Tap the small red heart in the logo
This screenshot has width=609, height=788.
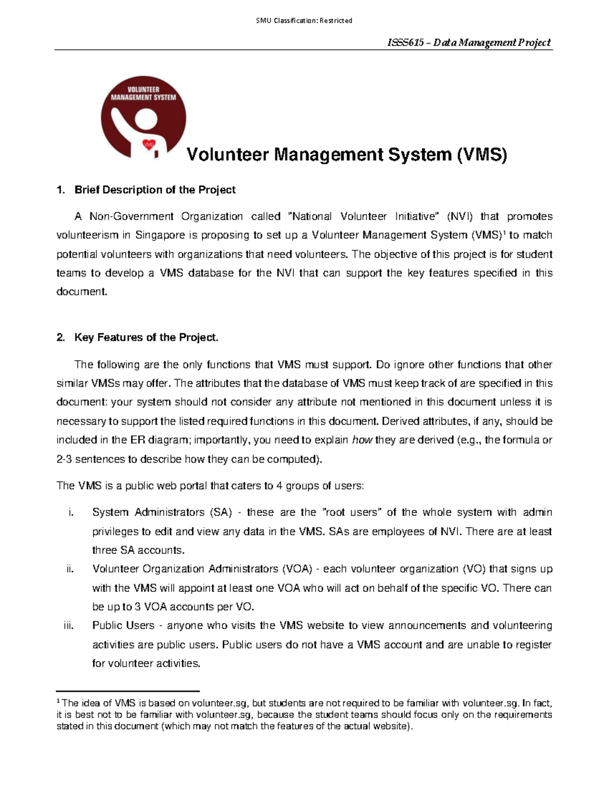pyautogui.click(x=149, y=145)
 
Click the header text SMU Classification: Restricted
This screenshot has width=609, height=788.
pyautogui.click(x=304, y=21)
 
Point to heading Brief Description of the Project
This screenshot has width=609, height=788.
pyautogui.click(x=155, y=190)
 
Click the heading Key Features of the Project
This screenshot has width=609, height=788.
pyautogui.click(x=146, y=337)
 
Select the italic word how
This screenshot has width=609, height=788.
pyautogui.click(x=362, y=440)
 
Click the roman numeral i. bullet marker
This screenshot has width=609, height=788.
pyautogui.click(x=71, y=512)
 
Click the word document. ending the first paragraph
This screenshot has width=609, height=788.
pyautogui.click(x=82, y=292)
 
